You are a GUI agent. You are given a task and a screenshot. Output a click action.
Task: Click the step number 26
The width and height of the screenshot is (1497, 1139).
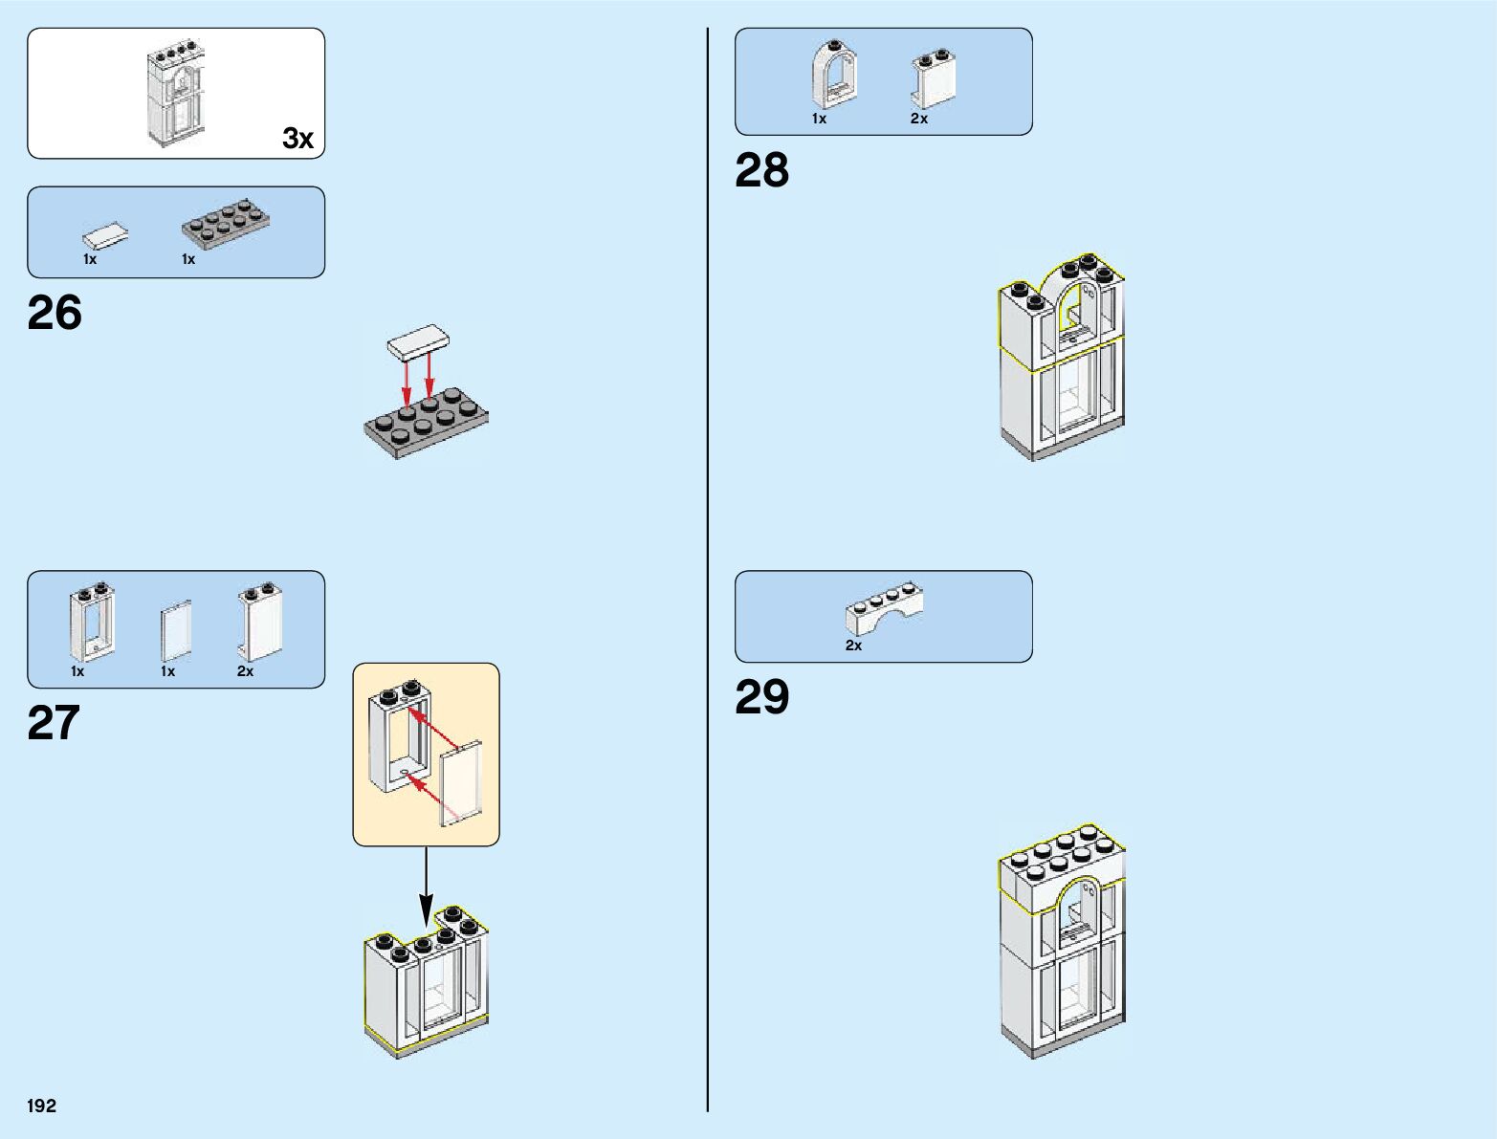point(55,314)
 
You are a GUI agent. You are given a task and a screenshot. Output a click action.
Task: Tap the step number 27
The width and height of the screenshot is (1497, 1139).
point(54,723)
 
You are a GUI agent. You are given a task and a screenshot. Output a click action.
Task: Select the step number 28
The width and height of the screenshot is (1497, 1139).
point(761,171)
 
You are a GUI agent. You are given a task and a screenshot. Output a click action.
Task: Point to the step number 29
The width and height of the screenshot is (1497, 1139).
point(761,697)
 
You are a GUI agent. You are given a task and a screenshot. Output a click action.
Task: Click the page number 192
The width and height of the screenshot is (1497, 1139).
point(42,1106)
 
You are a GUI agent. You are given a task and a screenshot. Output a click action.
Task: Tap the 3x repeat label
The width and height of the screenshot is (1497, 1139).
point(297,139)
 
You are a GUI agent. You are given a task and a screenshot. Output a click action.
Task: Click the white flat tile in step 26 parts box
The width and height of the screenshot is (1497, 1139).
point(106,235)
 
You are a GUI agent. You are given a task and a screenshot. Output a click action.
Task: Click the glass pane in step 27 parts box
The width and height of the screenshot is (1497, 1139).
point(176,630)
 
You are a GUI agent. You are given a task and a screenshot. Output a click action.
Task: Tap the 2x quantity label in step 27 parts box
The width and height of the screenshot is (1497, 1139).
point(245,671)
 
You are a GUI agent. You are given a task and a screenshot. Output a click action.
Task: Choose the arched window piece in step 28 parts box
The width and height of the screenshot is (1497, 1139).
point(832,75)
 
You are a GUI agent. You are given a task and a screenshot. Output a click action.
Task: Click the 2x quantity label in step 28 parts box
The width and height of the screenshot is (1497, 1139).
point(918,119)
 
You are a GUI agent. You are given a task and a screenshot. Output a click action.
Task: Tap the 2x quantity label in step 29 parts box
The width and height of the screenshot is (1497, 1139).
point(853,646)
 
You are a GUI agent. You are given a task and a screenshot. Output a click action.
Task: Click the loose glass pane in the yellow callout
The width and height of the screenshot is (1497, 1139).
point(462,782)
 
